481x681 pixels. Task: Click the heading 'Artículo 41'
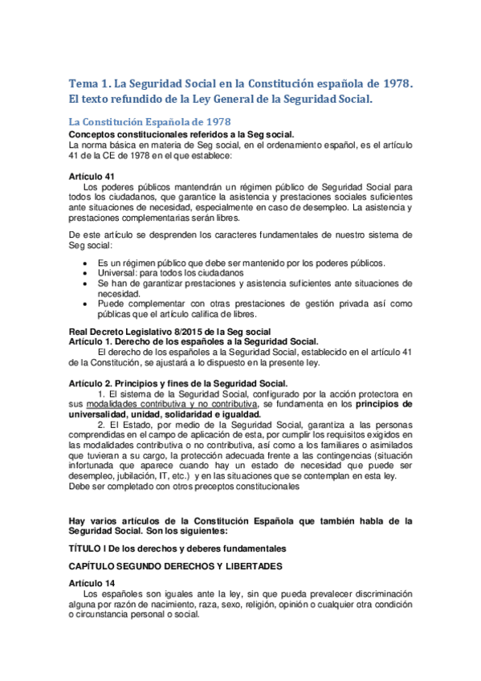point(92,176)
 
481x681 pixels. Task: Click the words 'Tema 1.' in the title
point(89,83)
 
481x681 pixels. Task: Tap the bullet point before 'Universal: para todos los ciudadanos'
point(86,273)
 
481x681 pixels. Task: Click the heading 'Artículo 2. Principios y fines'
point(178,383)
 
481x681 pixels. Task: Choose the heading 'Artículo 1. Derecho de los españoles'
point(194,341)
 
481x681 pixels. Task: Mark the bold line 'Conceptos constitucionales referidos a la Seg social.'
point(181,134)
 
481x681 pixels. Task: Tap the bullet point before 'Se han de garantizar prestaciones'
point(86,283)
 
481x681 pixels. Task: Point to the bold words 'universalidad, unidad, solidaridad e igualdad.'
point(164,414)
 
